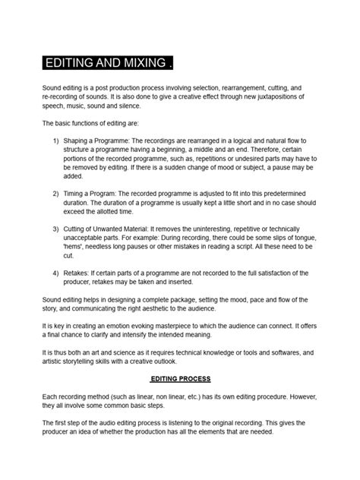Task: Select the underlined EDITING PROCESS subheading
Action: pos(180,377)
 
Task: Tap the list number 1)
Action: pos(56,141)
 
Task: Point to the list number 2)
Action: pos(56,194)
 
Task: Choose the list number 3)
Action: pos(56,229)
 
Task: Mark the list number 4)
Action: pos(56,272)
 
